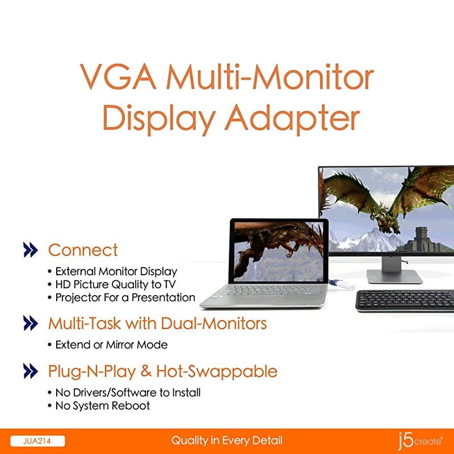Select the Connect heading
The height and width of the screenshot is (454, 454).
click(x=83, y=250)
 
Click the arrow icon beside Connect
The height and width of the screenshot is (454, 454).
click(x=30, y=250)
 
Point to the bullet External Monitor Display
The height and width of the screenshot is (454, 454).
click(x=116, y=272)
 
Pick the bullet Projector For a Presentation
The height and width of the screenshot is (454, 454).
click(x=125, y=298)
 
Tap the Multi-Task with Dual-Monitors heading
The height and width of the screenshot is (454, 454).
click(x=157, y=324)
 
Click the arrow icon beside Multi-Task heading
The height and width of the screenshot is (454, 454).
click(x=30, y=324)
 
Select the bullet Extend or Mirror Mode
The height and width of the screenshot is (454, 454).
click(x=111, y=344)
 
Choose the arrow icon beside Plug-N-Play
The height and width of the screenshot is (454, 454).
click(x=30, y=372)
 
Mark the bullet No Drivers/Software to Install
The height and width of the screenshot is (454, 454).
click(x=128, y=392)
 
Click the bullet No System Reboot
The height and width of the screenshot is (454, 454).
click(x=102, y=406)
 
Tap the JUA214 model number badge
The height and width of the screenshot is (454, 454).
click(x=37, y=441)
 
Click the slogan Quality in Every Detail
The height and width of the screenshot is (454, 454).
click(x=227, y=441)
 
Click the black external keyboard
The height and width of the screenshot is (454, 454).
click(x=405, y=300)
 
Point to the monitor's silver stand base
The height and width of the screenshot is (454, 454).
click(x=394, y=276)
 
